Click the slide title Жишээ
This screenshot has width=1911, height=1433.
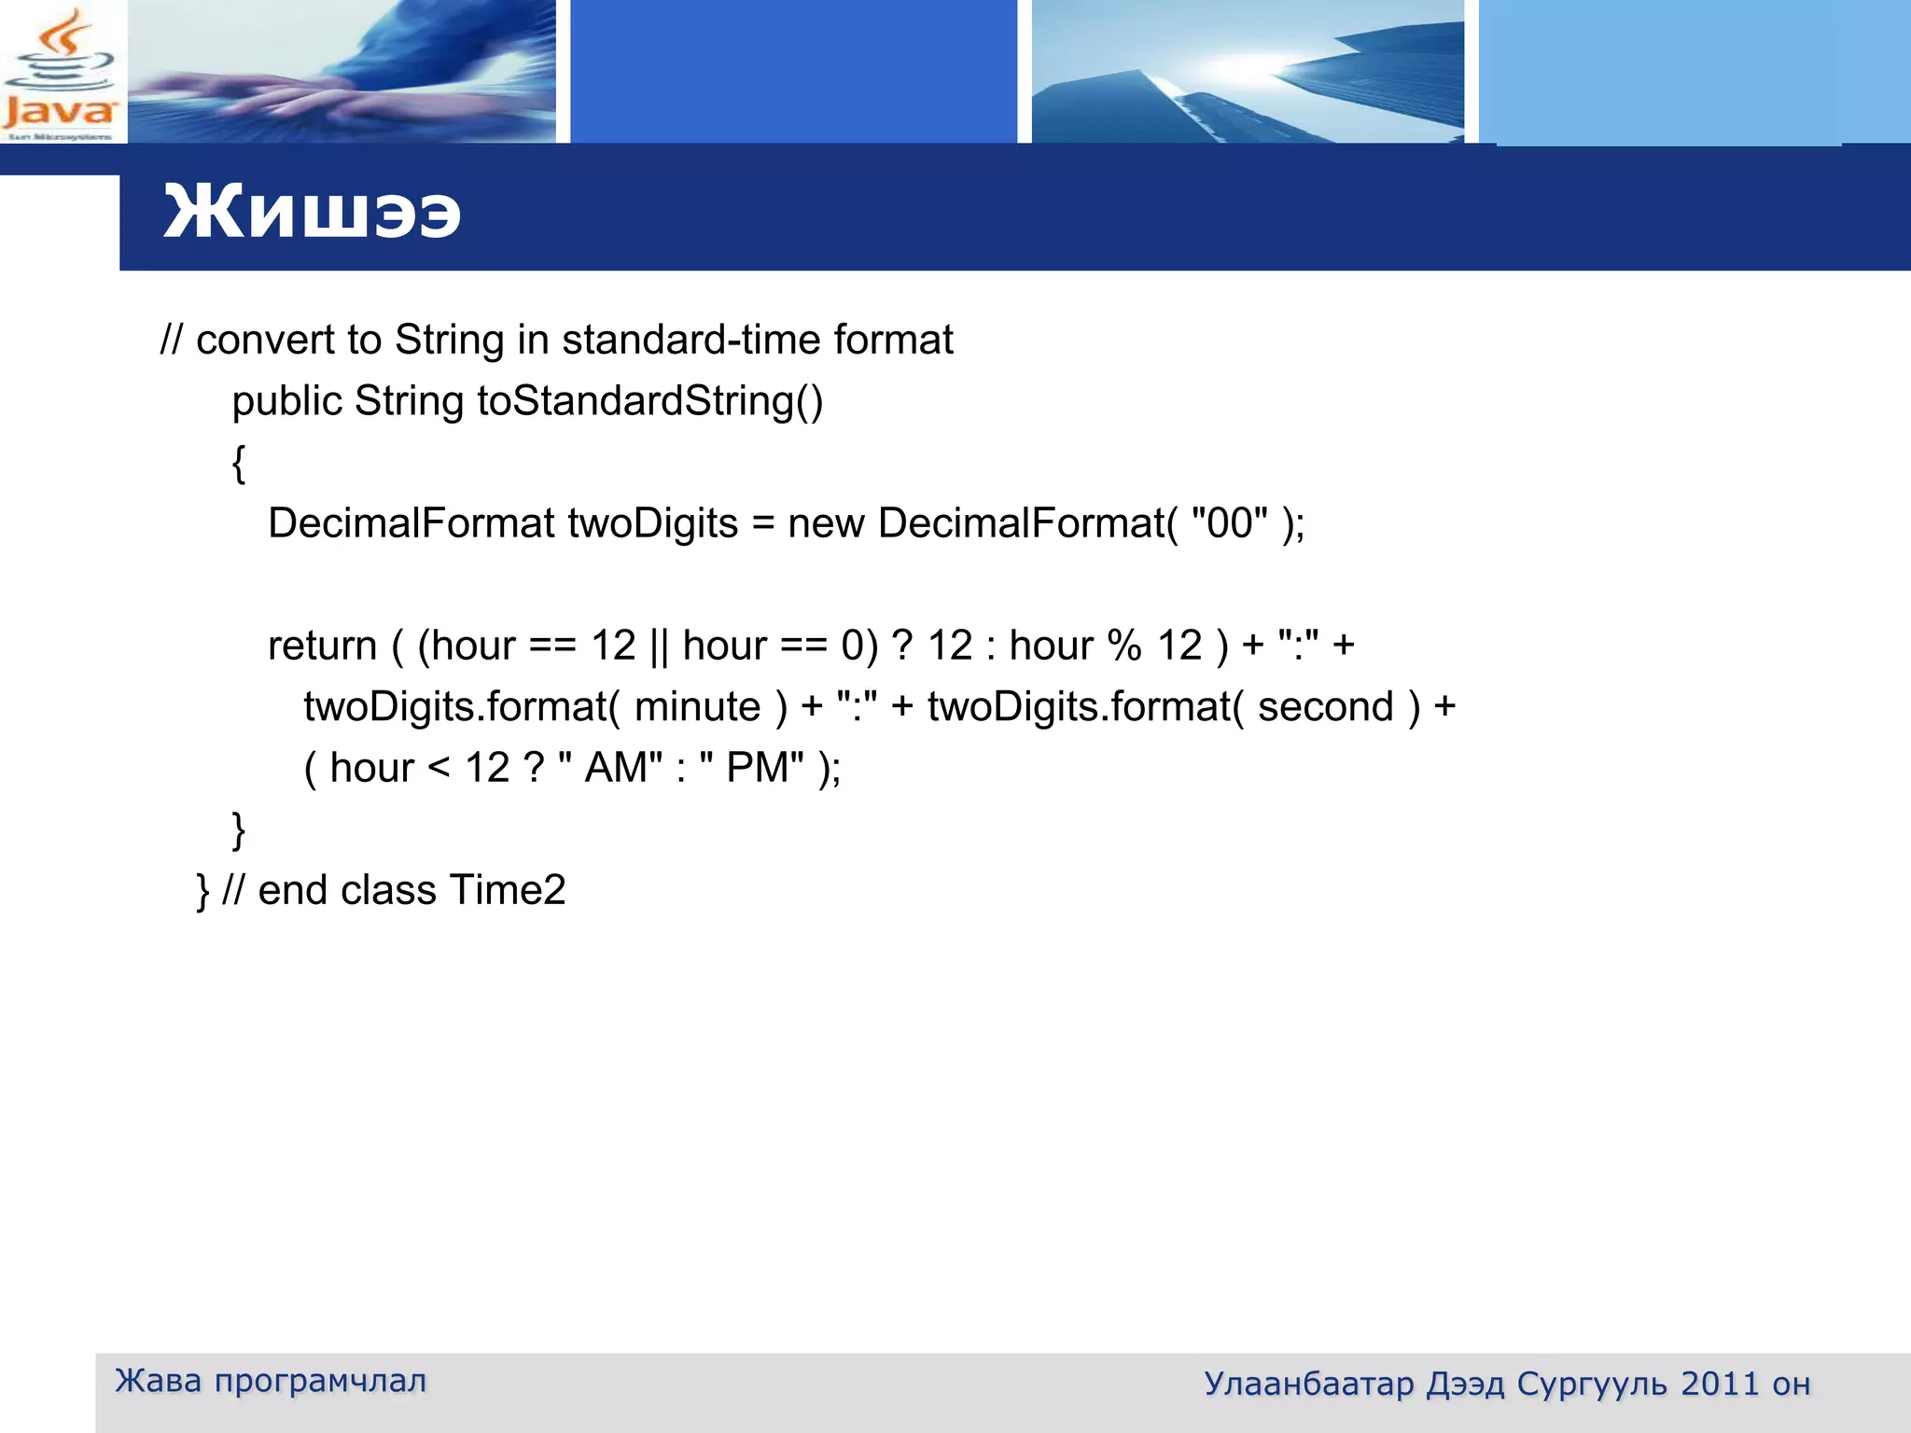tap(312, 213)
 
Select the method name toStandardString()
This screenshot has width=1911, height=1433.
tap(649, 401)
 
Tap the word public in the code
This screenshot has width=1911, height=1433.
tap(286, 401)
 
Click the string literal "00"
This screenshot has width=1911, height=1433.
tap(1230, 523)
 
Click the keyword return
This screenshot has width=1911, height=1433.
tap(322, 646)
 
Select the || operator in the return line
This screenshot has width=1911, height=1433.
tap(659, 646)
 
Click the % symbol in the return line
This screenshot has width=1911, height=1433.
tap(1123, 646)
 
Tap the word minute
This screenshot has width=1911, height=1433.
tap(697, 707)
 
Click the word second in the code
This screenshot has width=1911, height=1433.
tap(1325, 707)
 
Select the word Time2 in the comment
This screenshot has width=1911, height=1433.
tap(508, 890)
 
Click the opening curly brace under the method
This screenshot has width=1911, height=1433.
tap(239, 463)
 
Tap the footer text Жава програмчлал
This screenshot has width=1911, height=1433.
tap(271, 1381)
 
